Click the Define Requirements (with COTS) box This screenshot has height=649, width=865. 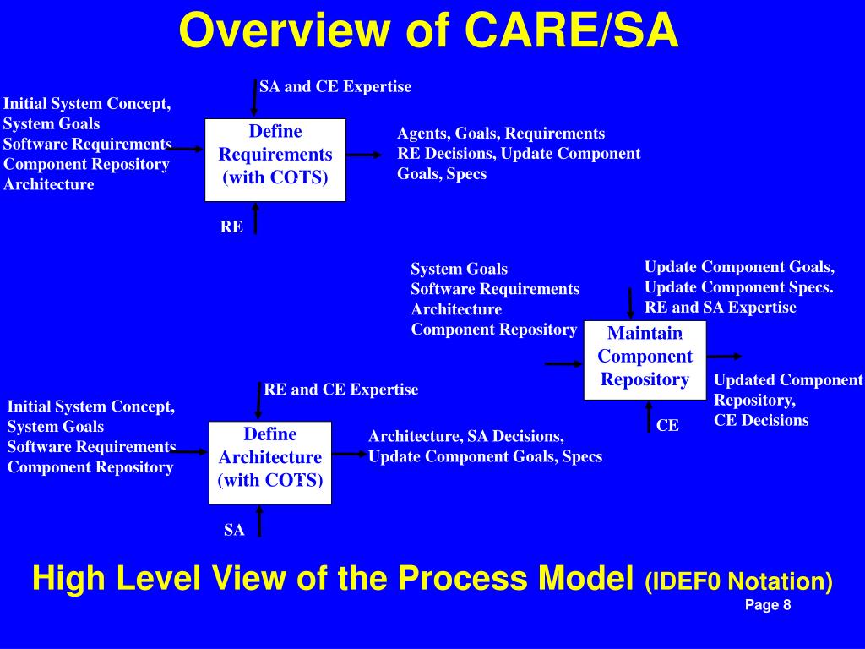pyautogui.click(x=275, y=160)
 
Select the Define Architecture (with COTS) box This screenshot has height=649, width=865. pyautogui.click(x=270, y=462)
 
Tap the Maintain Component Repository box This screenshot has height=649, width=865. pyautogui.click(x=645, y=360)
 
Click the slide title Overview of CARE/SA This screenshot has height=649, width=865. pyautogui.click(x=428, y=31)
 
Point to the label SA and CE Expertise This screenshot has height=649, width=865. pyautogui.click(x=335, y=86)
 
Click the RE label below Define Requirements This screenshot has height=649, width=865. pyautogui.click(x=231, y=226)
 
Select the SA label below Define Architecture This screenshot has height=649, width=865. pyautogui.click(x=234, y=530)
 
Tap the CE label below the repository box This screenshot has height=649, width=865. pyautogui.click(x=667, y=425)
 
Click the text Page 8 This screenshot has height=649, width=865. pyautogui.click(x=767, y=604)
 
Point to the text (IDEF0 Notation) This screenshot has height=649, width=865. pyautogui.click(x=738, y=581)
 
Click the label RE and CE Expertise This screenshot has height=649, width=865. pyautogui.click(x=340, y=390)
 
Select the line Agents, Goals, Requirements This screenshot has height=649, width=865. pyautogui.click(x=501, y=133)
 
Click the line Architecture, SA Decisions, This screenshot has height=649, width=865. pyautogui.click(x=466, y=436)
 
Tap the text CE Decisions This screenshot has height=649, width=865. pyautogui.click(x=761, y=420)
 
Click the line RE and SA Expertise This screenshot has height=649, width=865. pyautogui.click(x=720, y=307)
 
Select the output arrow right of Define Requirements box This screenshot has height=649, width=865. pyautogui.click(x=364, y=155)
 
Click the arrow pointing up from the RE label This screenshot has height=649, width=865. pyautogui.click(x=254, y=217)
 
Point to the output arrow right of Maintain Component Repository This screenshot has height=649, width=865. pyautogui.click(x=724, y=357)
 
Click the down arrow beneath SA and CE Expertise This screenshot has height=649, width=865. pyautogui.click(x=254, y=98)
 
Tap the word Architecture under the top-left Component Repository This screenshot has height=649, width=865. pyautogui.click(x=49, y=184)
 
